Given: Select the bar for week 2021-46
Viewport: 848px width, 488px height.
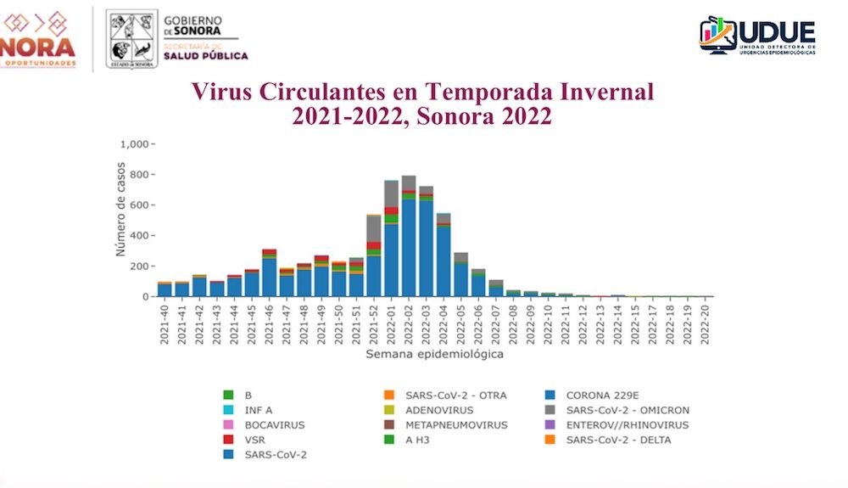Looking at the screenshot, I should click(x=269, y=276).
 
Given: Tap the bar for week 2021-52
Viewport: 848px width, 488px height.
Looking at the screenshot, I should click(x=373, y=263).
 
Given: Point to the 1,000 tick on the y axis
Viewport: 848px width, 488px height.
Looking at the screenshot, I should click(x=134, y=144).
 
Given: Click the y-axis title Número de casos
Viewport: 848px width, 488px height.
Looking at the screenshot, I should click(x=121, y=209).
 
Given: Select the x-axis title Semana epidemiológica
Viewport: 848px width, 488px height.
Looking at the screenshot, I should click(x=434, y=355).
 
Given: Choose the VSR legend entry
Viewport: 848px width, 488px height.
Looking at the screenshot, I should click(x=254, y=440).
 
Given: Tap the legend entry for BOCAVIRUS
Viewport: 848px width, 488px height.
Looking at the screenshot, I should click(x=273, y=424).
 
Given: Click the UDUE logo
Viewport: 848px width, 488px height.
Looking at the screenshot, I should click(x=757, y=36).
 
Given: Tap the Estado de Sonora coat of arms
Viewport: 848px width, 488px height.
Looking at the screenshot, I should click(x=131, y=39).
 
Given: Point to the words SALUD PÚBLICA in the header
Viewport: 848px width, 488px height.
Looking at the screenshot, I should click(x=206, y=56).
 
